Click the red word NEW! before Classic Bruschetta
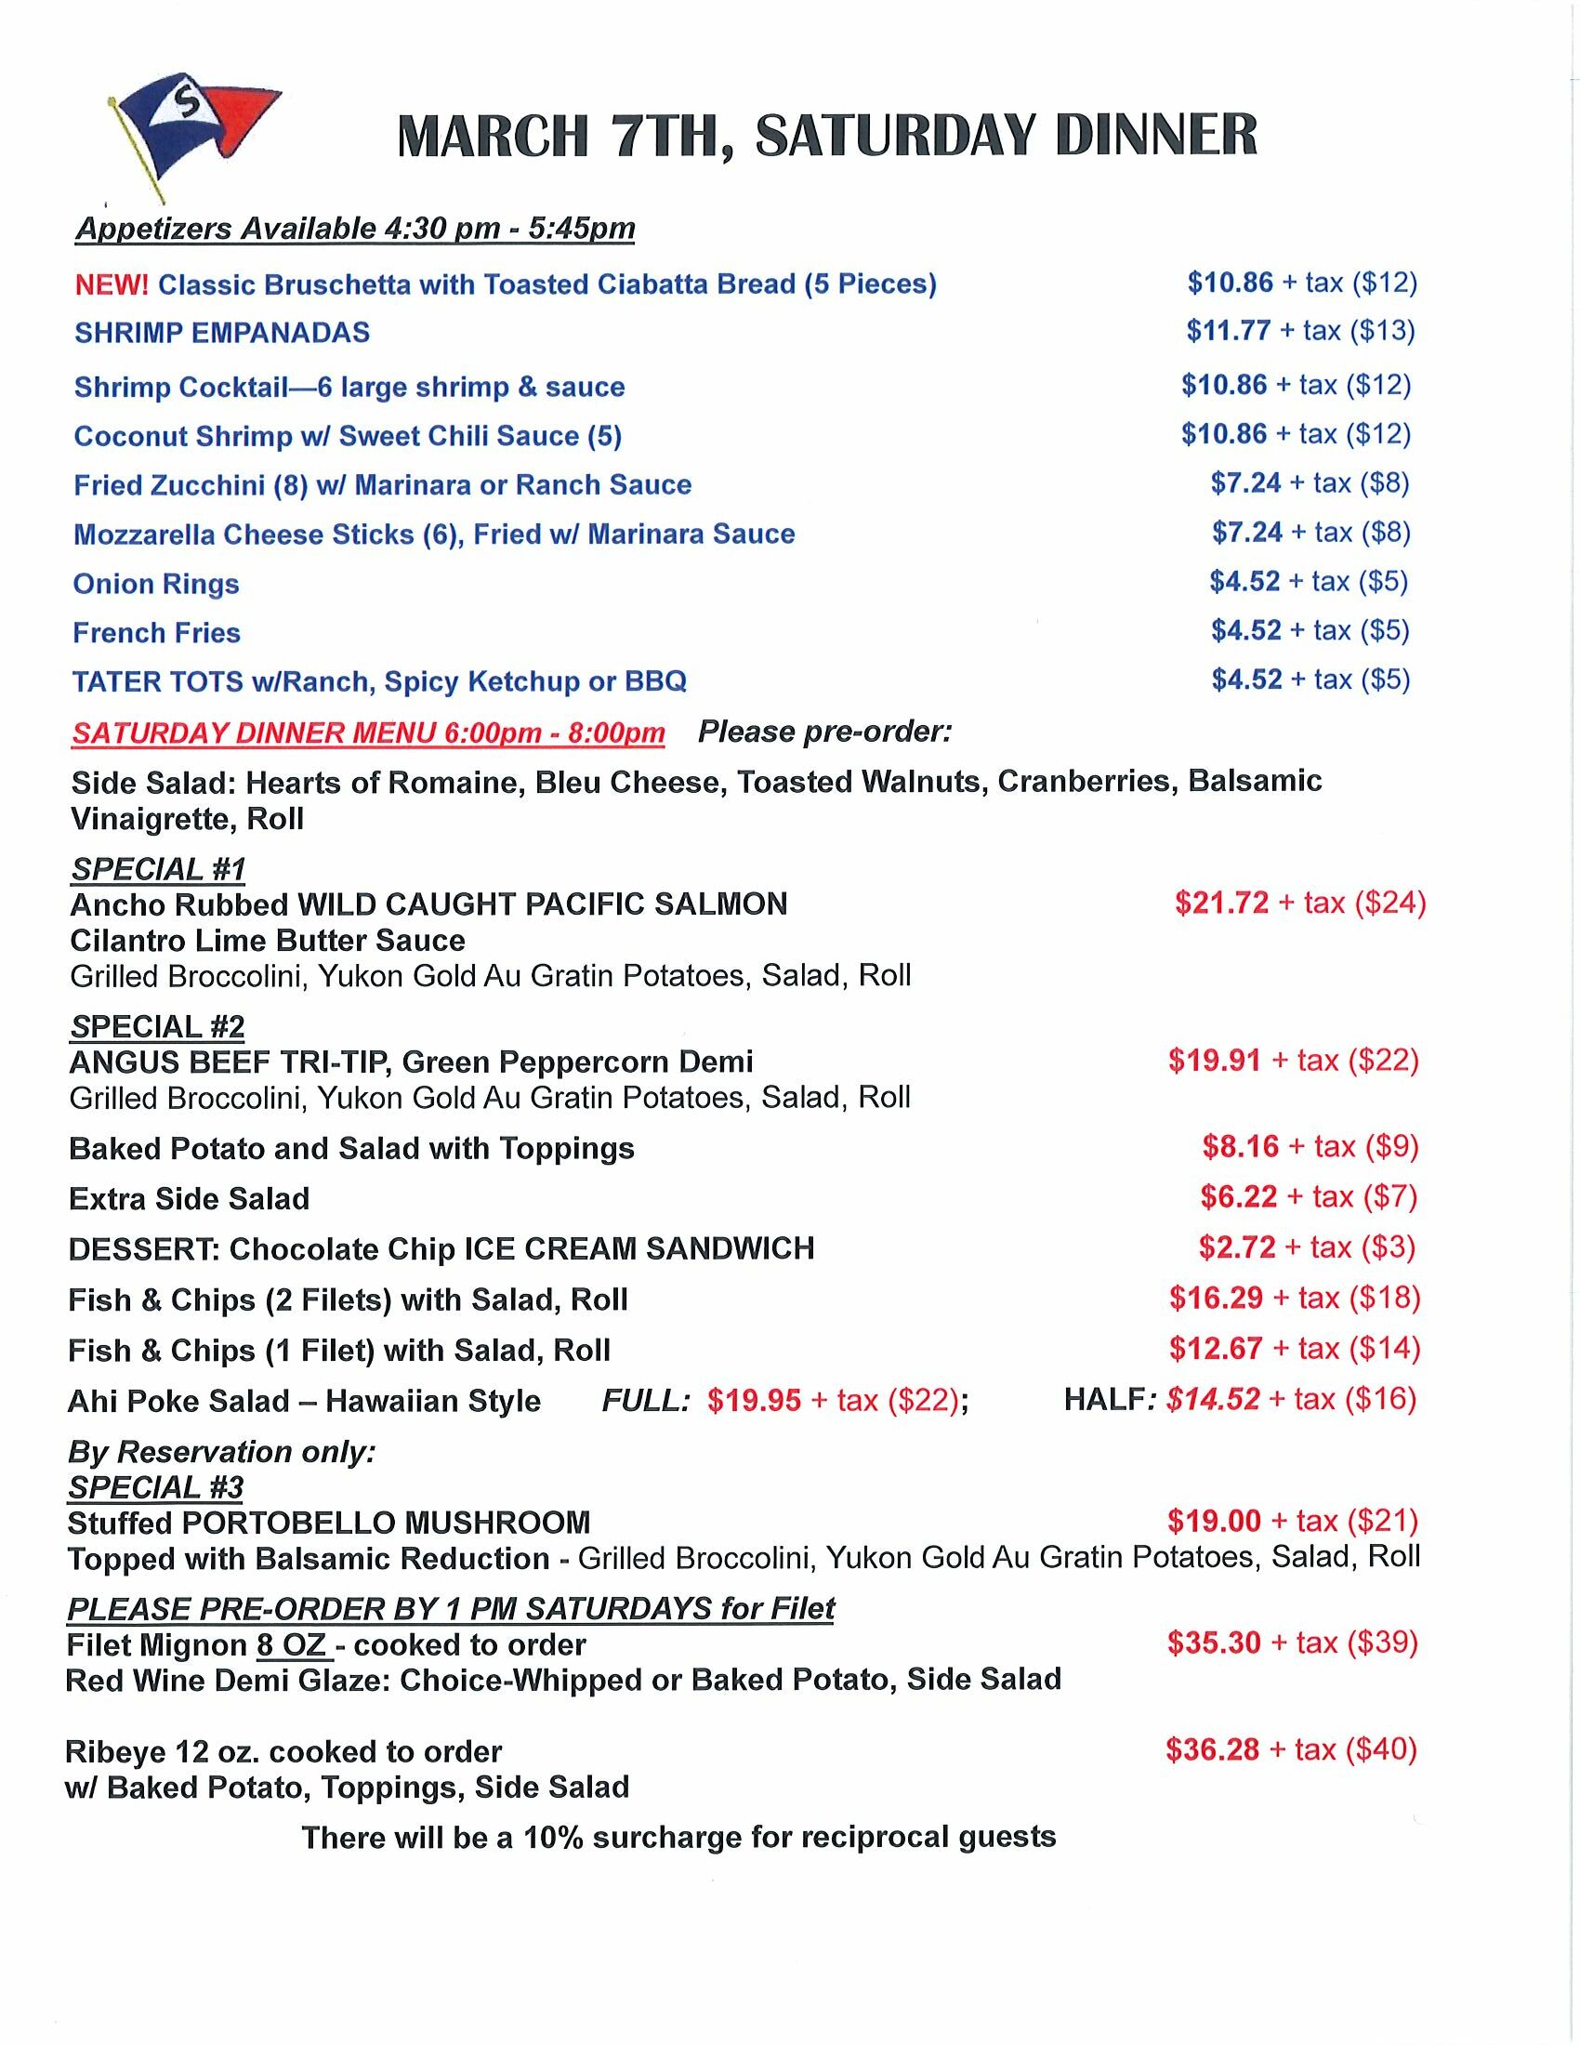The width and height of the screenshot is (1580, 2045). click(112, 284)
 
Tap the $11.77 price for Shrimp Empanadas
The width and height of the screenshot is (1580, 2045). click(1229, 331)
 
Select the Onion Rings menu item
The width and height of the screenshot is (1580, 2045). click(156, 584)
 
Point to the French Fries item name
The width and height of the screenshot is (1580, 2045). click(156, 633)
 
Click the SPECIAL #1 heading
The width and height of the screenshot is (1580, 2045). click(157, 869)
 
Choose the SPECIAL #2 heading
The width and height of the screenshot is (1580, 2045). click(156, 1026)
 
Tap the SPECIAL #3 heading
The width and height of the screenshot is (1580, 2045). click(155, 1487)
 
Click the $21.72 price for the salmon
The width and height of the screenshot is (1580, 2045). click(1221, 903)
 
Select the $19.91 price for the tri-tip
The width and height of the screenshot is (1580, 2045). click(1214, 1060)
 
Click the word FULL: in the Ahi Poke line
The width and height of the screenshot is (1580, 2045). click(646, 1401)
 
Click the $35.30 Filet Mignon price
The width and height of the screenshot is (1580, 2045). click(1214, 1643)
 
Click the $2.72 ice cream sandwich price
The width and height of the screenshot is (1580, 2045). click(1236, 1247)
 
